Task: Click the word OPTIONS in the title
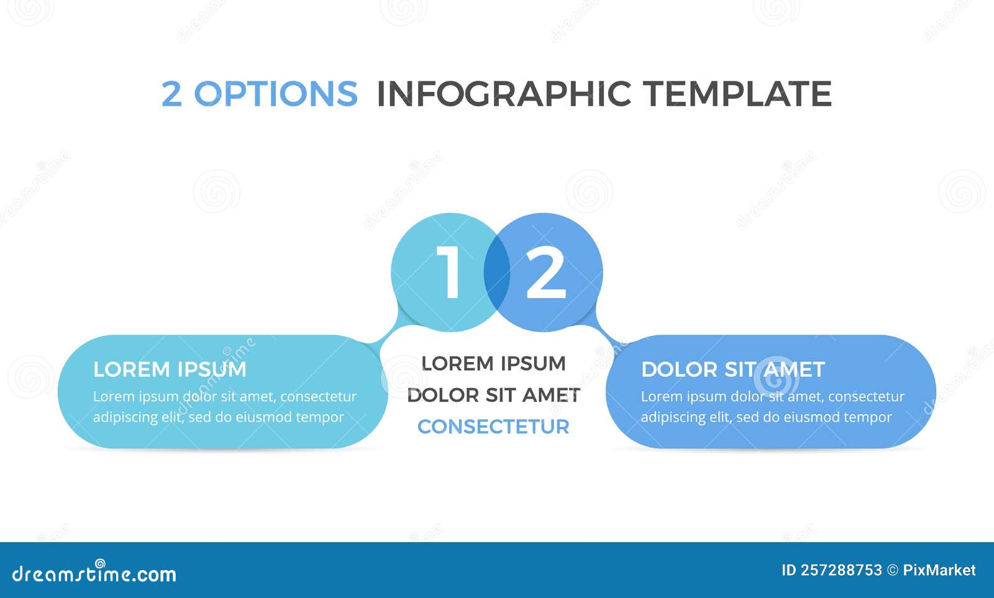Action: [275, 94]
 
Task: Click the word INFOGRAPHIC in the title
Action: [504, 94]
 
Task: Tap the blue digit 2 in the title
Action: [171, 94]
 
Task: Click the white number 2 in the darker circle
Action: [545, 273]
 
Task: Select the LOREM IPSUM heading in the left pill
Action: [170, 369]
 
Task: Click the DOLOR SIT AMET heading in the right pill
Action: [732, 369]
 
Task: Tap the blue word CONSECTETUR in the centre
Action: [493, 427]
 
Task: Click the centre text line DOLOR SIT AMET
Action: [493, 395]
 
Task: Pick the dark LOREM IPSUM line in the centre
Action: [493, 363]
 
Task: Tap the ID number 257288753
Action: [841, 570]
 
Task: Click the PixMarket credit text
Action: [939, 570]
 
